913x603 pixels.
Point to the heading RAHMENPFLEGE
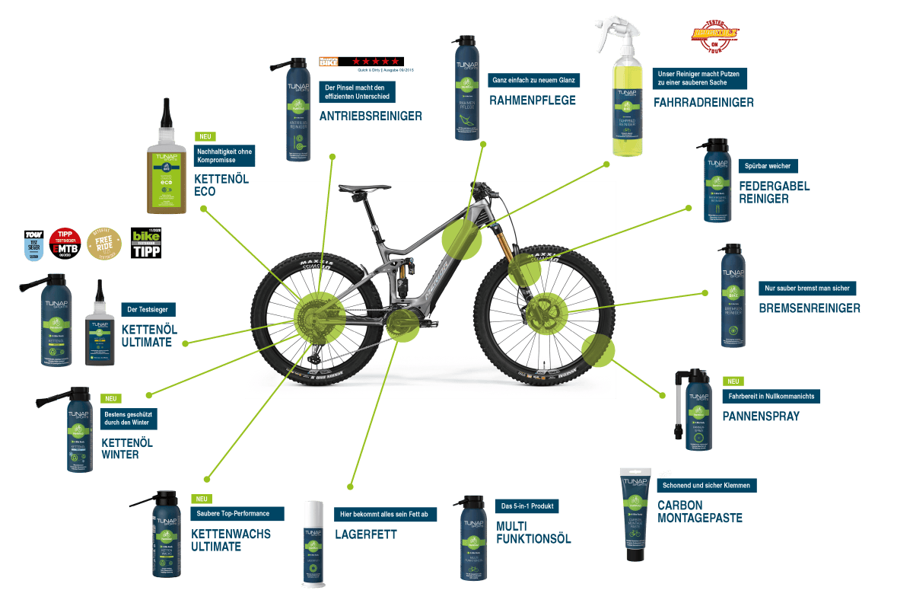tap(533, 100)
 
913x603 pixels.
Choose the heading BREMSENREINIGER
tap(810, 308)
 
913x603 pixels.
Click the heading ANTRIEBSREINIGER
tap(371, 116)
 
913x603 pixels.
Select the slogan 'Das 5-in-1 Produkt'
tap(526, 506)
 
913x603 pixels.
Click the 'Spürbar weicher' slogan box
tap(768, 166)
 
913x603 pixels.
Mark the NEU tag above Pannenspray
tap(733, 381)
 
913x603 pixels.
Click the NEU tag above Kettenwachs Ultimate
tap(201, 499)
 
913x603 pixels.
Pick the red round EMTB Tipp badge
tap(65, 243)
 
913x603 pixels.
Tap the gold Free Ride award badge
tap(104, 243)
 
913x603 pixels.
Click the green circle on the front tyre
tap(597, 349)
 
